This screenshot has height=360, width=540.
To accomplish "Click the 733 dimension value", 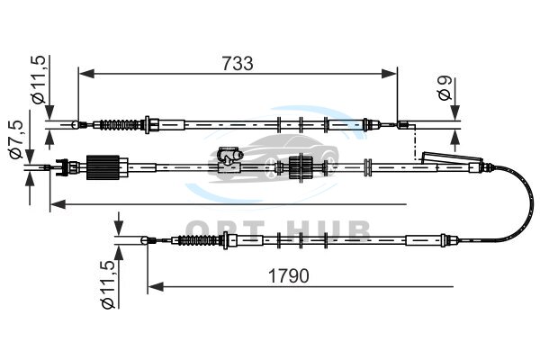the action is pyautogui.click(x=238, y=63).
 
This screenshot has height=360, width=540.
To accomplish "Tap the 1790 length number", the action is pyautogui.click(x=289, y=276).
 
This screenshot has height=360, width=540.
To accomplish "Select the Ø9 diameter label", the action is pyautogui.click(x=445, y=88).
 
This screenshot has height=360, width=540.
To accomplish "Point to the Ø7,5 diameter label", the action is pyautogui.click(x=16, y=139).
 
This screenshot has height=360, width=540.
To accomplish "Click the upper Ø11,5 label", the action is pyautogui.click(x=38, y=79).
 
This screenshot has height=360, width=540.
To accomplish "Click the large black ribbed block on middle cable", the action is pyautogui.click(x=103, y=167).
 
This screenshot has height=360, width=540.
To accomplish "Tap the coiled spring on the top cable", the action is pyautogui.click(x=119, y=124).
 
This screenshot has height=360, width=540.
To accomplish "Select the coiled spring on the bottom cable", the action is pyautogui.click(x=198, y=239).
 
